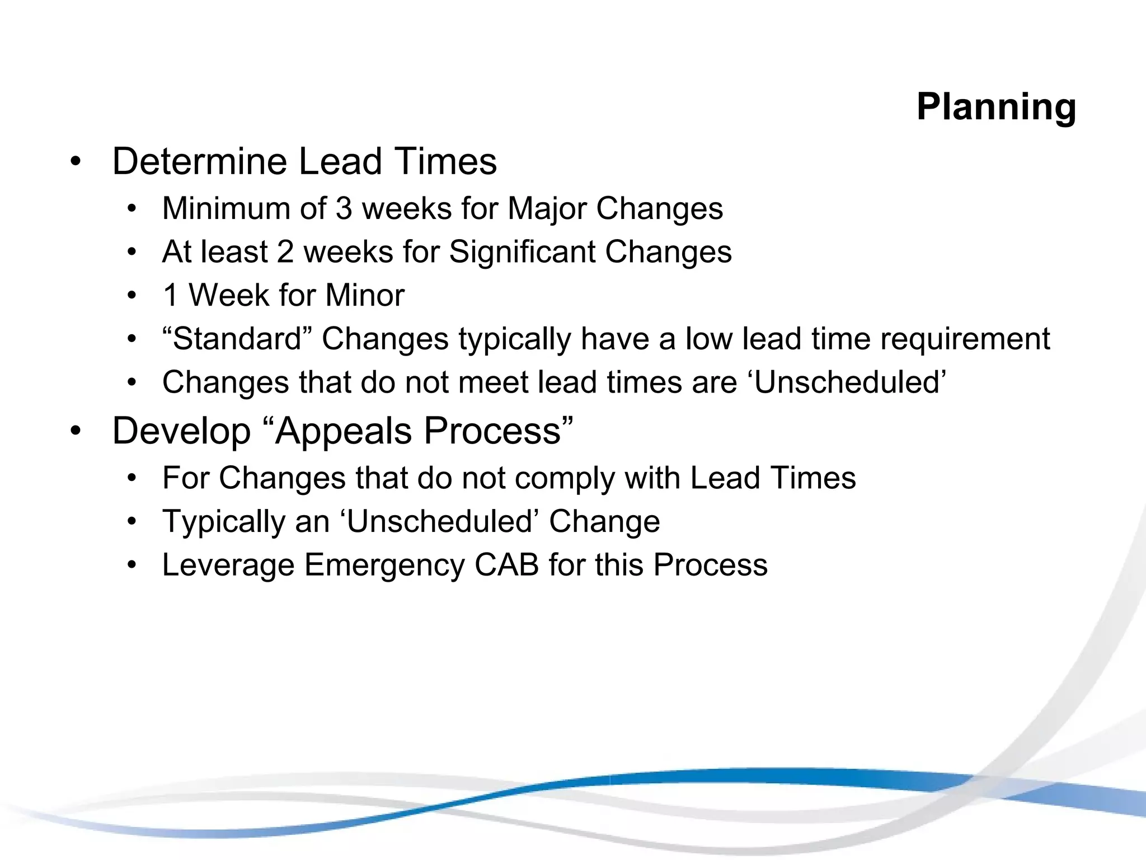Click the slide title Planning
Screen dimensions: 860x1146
click(x=996, y=106)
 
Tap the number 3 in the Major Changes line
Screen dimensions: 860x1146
click(x=344, y=208)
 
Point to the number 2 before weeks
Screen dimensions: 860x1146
click(x=285, y=252)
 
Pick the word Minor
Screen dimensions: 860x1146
click(x=365, y=295)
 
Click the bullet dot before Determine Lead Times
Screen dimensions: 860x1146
click(x=76, y=162)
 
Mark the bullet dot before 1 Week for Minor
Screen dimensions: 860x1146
click(x=131, y=296)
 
